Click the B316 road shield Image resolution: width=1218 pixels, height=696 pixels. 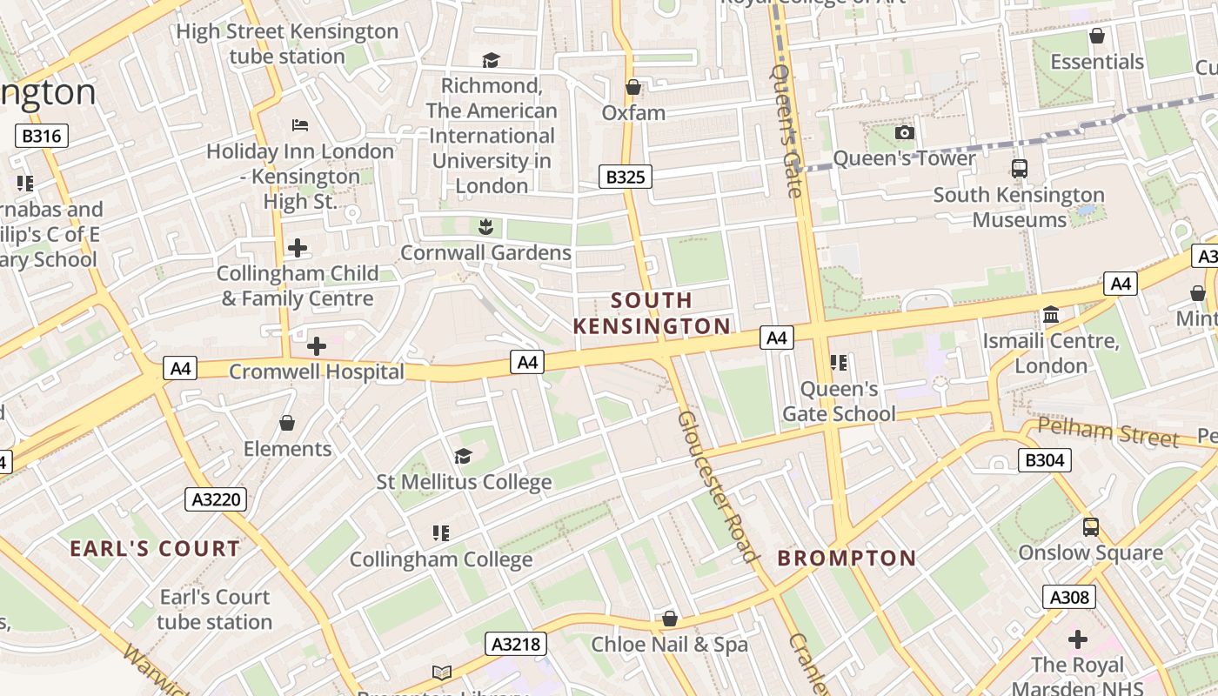point(42,136)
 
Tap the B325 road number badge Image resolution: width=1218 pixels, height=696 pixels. point(625,177)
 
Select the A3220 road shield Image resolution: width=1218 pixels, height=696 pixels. point(216,499)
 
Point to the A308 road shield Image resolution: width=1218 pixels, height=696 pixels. point(1068,597)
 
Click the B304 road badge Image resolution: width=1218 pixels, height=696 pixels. point(1044,460)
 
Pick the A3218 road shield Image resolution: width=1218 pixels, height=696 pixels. point(516,644)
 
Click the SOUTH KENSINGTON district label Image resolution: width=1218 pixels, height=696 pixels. point(652,313)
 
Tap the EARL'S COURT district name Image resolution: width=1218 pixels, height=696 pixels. point(155,549)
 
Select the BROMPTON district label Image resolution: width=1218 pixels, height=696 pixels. point(847,558)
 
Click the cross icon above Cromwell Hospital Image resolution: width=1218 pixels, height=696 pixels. point(317,346)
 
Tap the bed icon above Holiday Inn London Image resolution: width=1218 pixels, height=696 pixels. point(300,125)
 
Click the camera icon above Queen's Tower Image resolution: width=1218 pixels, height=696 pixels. point(905,132)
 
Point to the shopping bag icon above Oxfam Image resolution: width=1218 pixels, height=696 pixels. point(633,87)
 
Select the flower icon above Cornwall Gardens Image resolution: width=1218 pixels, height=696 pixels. point(485,227)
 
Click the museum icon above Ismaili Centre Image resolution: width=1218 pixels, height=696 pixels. point(1051,314)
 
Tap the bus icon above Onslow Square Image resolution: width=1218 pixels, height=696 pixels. point(1090,527)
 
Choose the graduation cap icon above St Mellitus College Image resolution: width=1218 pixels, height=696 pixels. point(463,456)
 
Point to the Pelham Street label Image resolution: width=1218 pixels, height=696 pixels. point(1108,432)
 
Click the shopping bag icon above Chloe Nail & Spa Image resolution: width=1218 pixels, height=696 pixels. point(669,619)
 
